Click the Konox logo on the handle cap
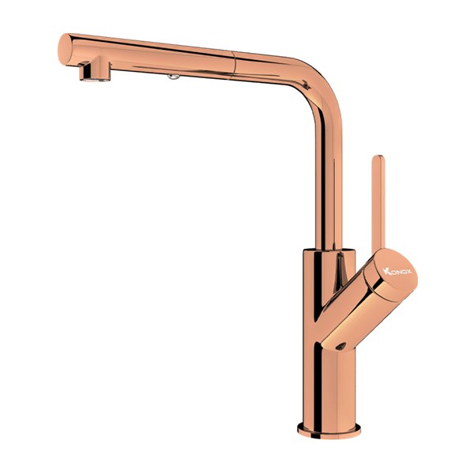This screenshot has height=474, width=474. [x=397, y=271]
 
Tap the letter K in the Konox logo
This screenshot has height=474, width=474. [x=386, y=271]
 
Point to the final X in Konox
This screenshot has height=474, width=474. [x=408, y=272]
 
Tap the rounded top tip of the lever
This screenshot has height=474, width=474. [x=378, y=156]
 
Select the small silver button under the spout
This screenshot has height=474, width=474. [x=174, y=77]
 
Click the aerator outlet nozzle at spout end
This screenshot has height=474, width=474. [x=95, y=73]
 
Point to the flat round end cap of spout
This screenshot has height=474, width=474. [x=65, y=49]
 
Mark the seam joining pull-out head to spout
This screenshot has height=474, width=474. [x=233, y=66]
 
